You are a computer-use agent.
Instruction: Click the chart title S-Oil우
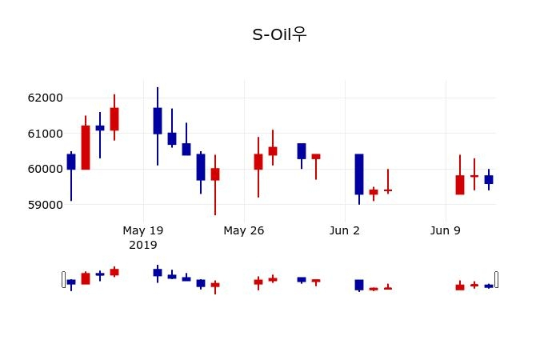[x=279, y=34]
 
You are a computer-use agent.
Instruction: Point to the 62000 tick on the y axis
[x=45, y=98]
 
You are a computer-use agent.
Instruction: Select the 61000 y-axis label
[x=45, y=134]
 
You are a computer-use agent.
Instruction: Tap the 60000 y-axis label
[x=45, y=169]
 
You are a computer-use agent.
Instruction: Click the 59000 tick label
[x=45, y=205]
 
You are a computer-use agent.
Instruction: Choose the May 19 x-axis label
[x=143, y=230]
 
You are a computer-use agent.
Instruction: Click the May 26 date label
[x=244, y=230]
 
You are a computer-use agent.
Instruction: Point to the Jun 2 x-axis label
[x=345, y=230]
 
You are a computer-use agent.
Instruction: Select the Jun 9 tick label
[x=446, y=230]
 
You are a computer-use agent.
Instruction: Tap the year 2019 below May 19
[x=143, y=245]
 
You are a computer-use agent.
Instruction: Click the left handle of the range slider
[x=63, y=279]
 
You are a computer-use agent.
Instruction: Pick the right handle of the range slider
[x=496, y=279]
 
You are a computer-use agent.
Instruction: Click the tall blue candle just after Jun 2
[x=359, y=174]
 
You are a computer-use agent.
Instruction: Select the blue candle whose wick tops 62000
[x=158, y=121]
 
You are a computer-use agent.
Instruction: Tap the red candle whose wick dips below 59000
[x=215, y=174]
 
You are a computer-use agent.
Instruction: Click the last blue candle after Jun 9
[x=489, y=180]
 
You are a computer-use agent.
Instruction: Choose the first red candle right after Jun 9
[x=460, y=185]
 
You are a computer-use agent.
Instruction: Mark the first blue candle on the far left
[x=71, y=162]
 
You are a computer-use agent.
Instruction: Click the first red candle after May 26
[x=258, y=162]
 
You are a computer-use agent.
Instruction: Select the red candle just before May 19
[x=114, y=118]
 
